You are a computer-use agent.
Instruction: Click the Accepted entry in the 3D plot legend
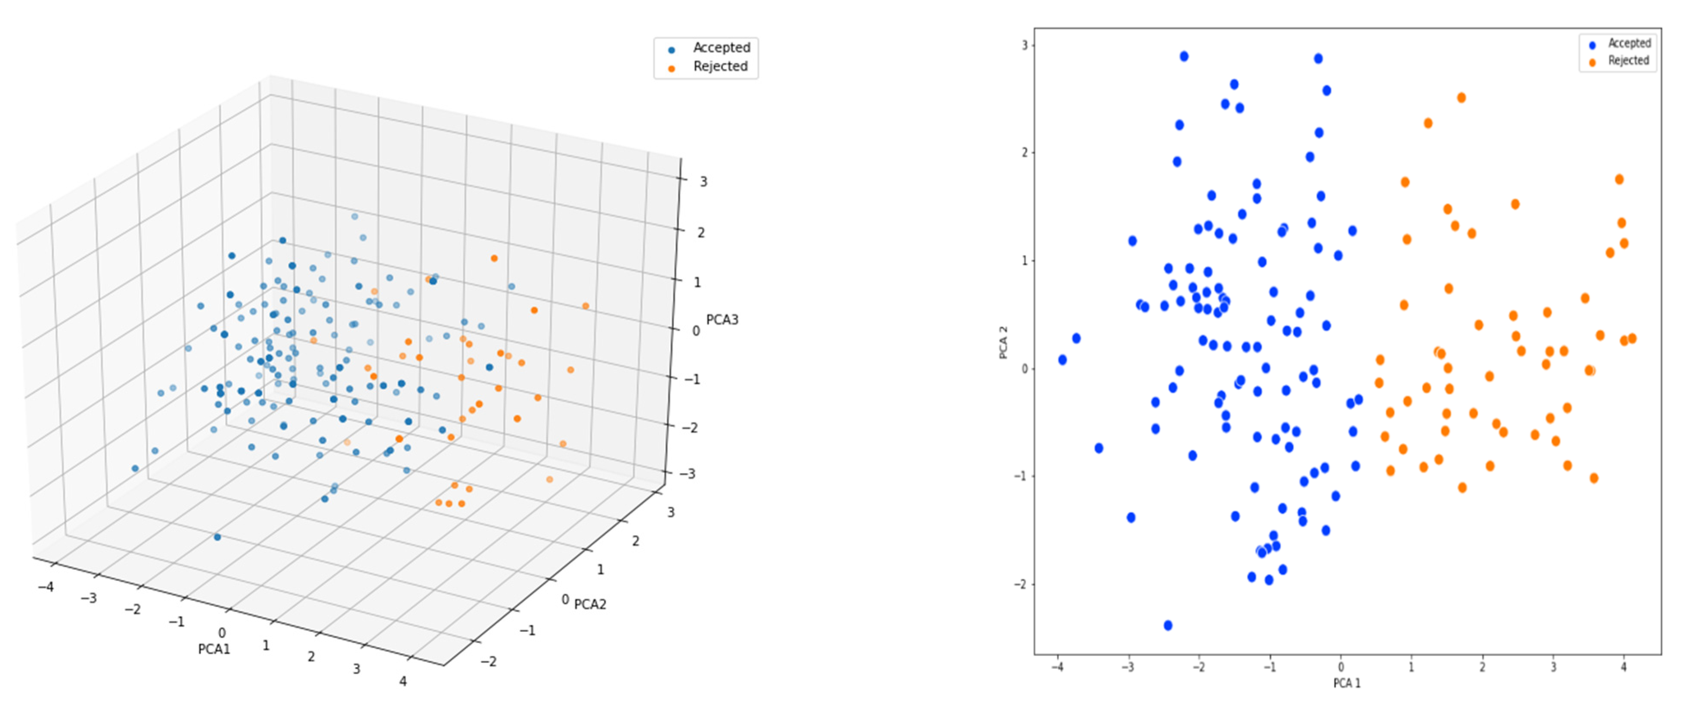721,48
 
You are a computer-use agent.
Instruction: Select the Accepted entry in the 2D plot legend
1629,43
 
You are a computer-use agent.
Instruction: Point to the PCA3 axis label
722,320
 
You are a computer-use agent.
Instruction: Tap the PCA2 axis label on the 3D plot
590,605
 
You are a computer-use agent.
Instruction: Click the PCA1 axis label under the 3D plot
214,650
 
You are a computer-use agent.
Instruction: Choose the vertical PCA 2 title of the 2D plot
1004,342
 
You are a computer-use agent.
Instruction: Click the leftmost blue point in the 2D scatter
1062,360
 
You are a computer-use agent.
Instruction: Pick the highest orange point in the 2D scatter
1461,98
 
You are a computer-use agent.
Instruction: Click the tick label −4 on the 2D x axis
1057,668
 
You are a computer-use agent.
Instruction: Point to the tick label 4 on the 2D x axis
1623,668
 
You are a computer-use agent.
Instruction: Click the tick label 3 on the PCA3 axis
703,182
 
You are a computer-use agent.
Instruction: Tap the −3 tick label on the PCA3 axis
688,474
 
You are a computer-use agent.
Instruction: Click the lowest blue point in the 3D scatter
217,537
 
